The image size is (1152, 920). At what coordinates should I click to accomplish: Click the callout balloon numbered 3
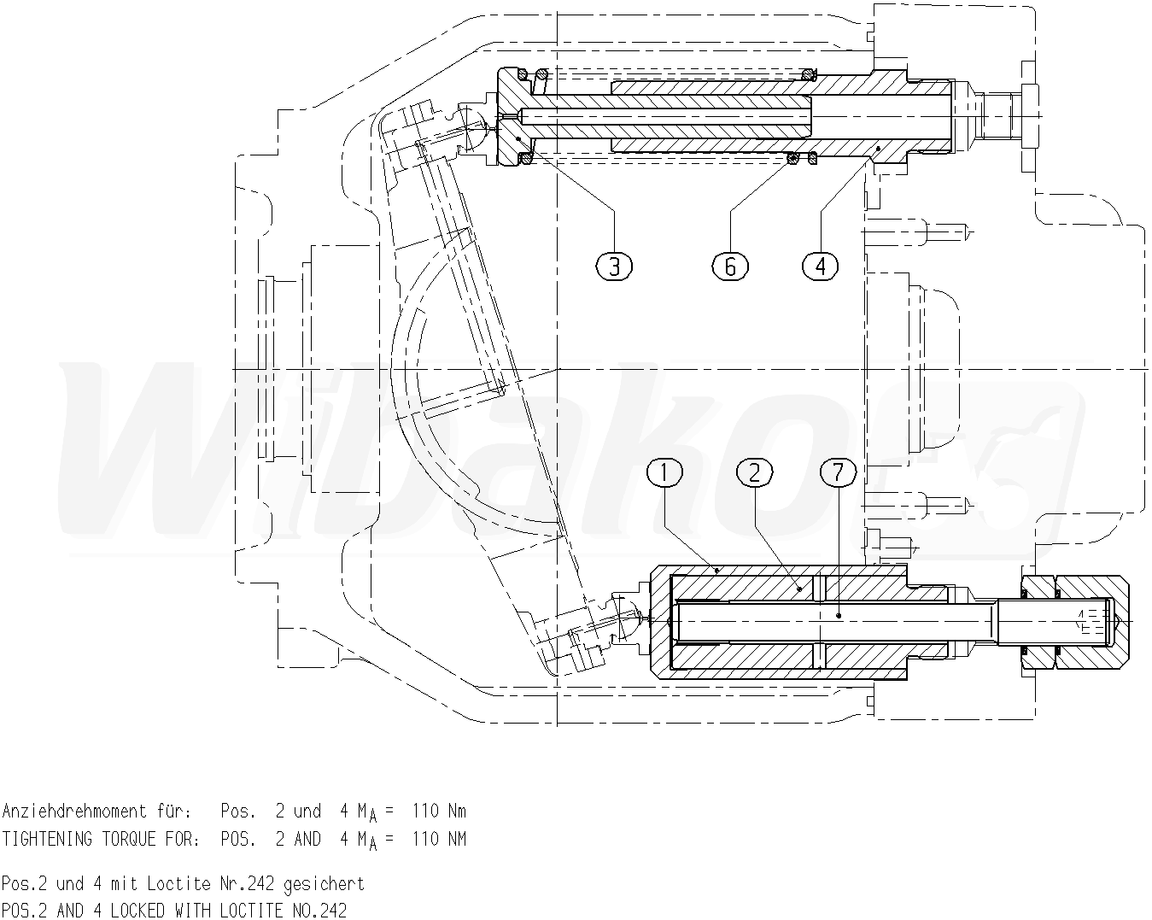point(614,267)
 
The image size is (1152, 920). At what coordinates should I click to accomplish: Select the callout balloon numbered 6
point(730,267)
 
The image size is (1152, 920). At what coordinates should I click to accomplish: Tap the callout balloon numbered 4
point(820,267)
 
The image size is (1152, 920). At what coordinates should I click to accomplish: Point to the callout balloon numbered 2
point(754,472)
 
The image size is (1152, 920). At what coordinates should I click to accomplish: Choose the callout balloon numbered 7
point(837,472)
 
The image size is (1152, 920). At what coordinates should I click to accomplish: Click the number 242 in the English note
point(334,911)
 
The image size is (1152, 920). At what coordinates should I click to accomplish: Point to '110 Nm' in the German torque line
point(439,811)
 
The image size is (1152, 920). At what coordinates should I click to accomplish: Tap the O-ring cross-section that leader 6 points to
point(793,157)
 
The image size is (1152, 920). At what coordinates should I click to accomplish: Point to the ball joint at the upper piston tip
point(472,129)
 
